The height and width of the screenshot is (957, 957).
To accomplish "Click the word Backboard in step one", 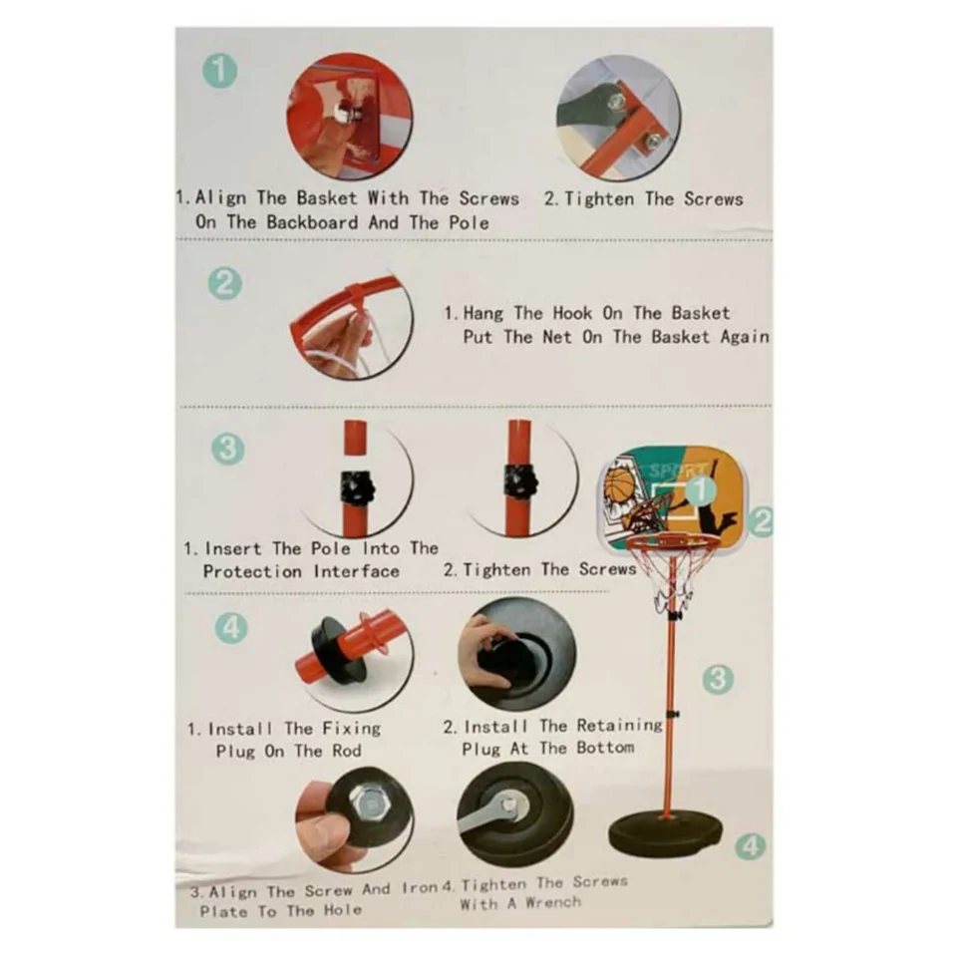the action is tap(312, 222).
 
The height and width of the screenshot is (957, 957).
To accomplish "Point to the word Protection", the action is tap(252, 572).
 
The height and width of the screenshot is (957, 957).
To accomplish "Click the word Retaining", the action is tap(619, 725).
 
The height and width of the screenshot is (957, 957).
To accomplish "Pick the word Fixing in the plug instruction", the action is tap(352, 728).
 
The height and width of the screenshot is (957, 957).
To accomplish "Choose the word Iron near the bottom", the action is tap(421, 888).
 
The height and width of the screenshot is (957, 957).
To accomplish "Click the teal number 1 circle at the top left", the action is tap(219, 70).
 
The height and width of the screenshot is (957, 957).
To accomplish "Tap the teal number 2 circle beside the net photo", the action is tap(224, 284).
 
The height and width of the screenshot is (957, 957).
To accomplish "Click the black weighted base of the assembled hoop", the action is tap(665, 832).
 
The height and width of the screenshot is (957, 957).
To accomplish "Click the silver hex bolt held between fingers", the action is tap(367, 806).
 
